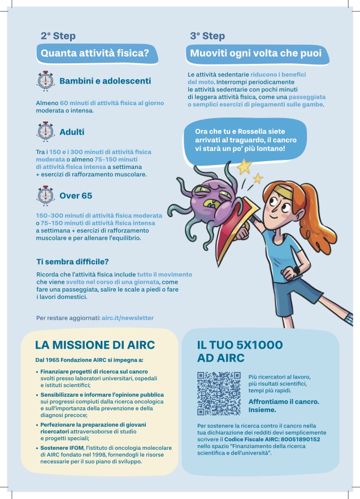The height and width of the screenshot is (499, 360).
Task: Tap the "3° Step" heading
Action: [x=207, y=36]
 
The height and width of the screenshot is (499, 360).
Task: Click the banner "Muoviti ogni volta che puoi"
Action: [x=255, y=54]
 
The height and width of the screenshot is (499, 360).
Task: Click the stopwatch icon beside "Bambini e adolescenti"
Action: [x=45, y=81]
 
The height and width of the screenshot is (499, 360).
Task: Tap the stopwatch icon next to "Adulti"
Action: [x=45, y=132]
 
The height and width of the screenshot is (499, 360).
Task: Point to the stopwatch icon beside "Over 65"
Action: [x=45, y=196]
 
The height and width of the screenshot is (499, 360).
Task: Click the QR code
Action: [x=219, y=394]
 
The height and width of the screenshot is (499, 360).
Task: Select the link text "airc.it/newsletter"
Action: [x=128, y=318]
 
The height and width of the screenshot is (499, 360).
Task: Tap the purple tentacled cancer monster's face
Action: [x=209, y=200]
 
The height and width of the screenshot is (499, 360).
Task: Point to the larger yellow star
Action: [x=244, y=166]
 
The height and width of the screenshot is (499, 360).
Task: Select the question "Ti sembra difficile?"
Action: [x=72, y=262]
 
